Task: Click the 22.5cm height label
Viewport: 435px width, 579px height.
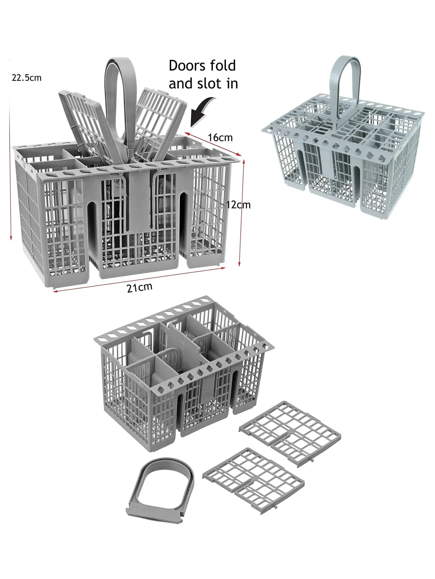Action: (26, 78)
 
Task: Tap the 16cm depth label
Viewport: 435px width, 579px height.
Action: (220, 137)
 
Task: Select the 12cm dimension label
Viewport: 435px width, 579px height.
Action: (238, 205)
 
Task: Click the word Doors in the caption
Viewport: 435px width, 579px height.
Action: (186, 66)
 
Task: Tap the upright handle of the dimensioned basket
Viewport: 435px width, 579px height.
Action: (120, 89)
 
